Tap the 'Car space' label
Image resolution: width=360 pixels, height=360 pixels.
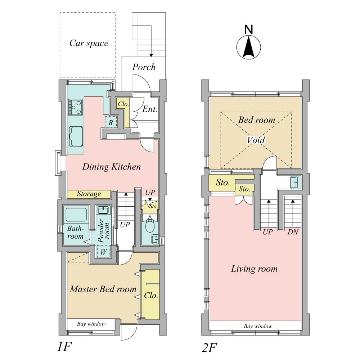[89, 44]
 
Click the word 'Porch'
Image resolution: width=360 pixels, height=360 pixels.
[144, 67]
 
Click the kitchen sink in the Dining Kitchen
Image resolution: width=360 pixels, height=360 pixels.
[76, 136]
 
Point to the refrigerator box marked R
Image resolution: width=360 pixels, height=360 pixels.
[111, 122]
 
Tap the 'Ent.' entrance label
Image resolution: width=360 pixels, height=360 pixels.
[150, 109]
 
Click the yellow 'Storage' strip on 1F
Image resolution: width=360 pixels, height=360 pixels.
[89, 194]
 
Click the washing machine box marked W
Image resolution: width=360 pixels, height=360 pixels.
[103, 251]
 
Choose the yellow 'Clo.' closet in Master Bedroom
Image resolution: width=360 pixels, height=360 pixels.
[150, 295]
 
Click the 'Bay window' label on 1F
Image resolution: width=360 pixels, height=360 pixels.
[91, 324]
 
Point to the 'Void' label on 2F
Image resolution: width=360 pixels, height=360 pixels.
[256, 140]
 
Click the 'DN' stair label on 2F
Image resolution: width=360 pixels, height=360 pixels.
[293, 232]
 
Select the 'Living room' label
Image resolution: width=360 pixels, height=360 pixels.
[254, 269]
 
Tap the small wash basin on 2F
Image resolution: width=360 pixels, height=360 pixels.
[293, 183]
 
